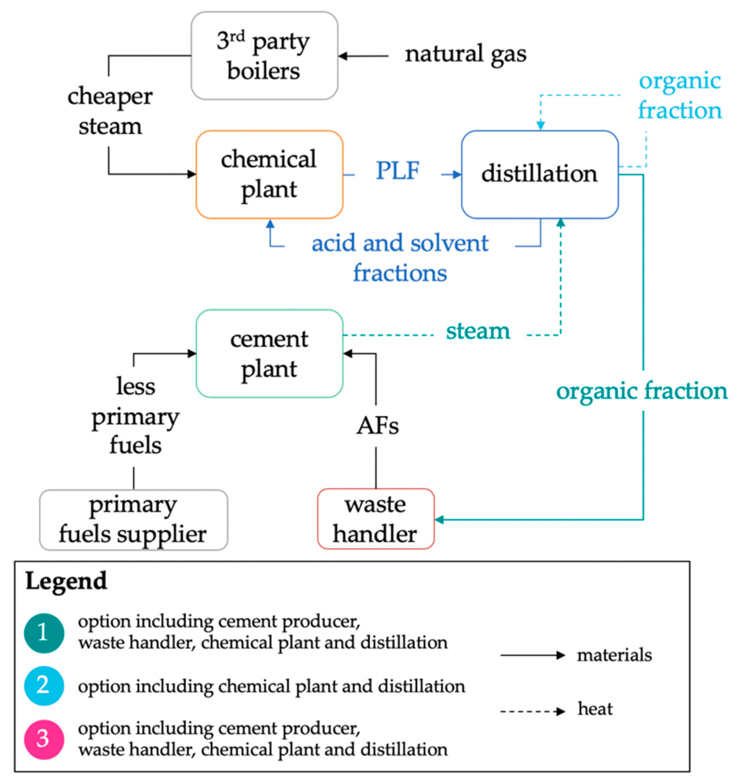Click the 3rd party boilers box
pos(264,56)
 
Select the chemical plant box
pos(269,174)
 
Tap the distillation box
pos(539,174)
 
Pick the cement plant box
pos(269,353)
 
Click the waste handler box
pos(375,518)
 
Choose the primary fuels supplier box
pos(133,520)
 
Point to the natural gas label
pos(466,55)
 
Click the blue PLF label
pos(397,171)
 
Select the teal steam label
pos(478,331)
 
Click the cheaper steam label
pos(110,111)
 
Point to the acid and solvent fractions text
pos(400,258)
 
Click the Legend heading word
pos(66,581)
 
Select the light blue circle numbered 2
pos(44,686)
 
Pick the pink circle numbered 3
pos(44,739)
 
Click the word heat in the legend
pos(595,709)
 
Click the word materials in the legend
pos(614,655)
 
